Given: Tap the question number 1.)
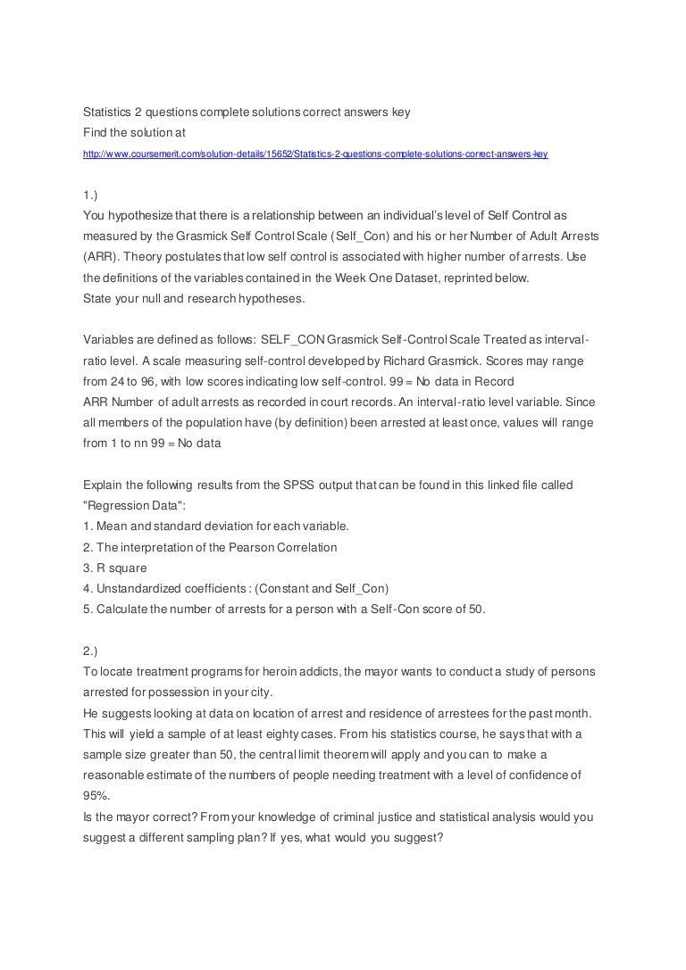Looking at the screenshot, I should pos(90,195).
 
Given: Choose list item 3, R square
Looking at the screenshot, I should pos(114,567).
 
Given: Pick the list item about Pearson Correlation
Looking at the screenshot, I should pos(210,546).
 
